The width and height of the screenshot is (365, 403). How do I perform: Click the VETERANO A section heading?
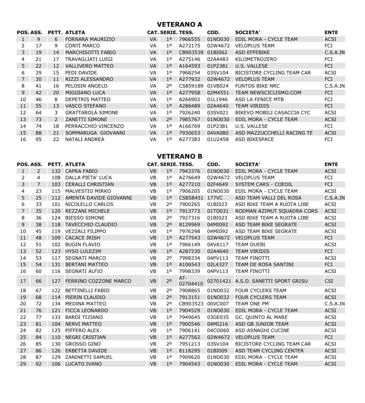coord(179,24)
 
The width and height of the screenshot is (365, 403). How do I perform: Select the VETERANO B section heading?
coord(179,156)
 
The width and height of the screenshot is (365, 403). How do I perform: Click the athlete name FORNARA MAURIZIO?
coord(90,39)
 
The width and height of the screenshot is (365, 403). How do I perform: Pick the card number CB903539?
coord(191,52)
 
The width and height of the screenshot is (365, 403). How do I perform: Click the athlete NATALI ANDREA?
coord(84,139)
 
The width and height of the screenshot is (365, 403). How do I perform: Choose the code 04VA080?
coord(218,133)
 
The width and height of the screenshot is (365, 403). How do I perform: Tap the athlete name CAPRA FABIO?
coord(81,171)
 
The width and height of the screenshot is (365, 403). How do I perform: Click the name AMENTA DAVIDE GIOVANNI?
coord(98,198)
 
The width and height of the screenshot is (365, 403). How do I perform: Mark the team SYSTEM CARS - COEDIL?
coord(264,184)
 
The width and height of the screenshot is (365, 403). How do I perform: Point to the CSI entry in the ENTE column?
coord(328,281)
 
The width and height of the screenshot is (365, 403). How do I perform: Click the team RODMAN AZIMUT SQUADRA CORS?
coord(276,211)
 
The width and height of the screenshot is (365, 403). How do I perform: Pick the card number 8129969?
coord(189,224)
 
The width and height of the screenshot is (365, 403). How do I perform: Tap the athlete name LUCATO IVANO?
coord(83,364)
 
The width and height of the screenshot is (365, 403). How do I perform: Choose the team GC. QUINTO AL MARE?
coord(261,317)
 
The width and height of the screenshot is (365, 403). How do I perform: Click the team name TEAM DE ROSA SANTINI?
coord(264,264)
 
